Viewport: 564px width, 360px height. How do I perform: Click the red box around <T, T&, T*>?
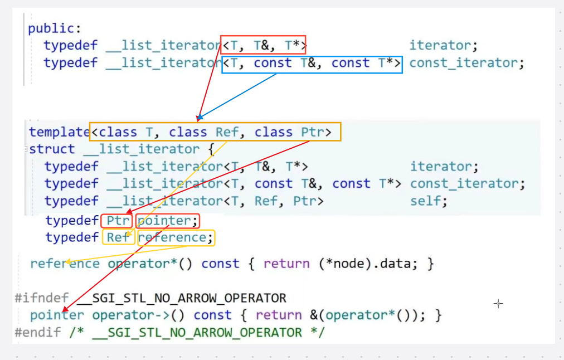[x=264, y=44]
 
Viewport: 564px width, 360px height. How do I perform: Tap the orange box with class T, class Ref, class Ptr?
[x=215, y=132]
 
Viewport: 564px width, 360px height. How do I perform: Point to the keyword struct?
[x=52, y=149]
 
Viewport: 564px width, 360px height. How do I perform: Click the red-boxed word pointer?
[x=167, y=221]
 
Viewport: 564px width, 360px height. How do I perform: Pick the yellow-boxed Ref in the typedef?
[x=118, y=238]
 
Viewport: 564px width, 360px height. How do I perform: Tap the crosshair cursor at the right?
[x=498, y=303]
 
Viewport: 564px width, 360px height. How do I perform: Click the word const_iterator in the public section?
[x=466, y=63]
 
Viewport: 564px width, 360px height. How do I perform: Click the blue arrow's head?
[x=199, y=119]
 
